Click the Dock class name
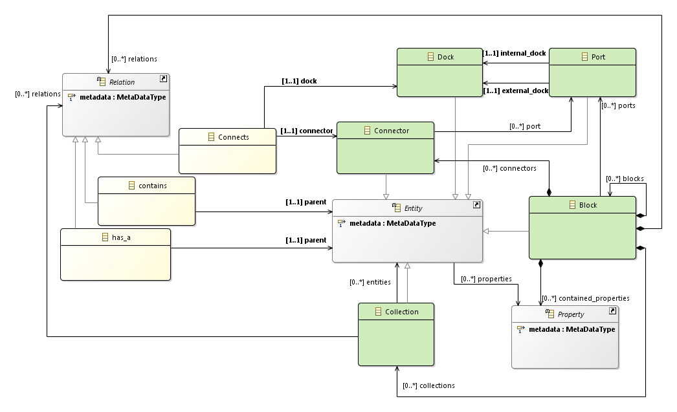coord(445,57)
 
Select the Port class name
coord(598,57)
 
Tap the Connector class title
coord(391,131)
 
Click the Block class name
coord(588,205)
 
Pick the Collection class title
coord(401,312)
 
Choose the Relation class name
coord(122,82)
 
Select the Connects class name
coord(233,137)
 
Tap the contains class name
coord(152,186)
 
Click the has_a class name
coord(121,237)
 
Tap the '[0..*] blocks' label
coord(625,179)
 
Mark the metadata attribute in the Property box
coord(572,329)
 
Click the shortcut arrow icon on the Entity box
coord(476,204)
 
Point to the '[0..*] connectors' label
coord(509,168)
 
